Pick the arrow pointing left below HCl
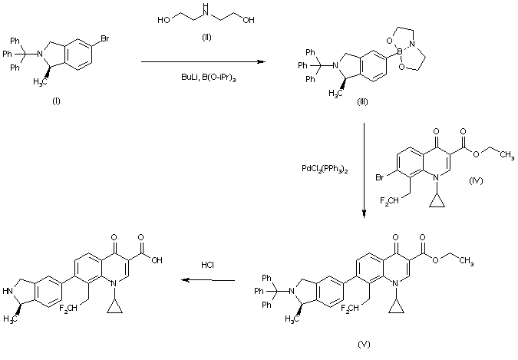click(x=207, y=281)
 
